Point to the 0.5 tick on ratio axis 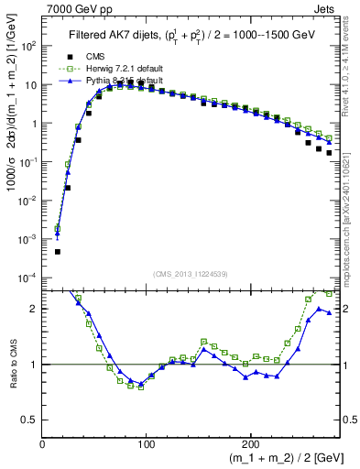(30, 420)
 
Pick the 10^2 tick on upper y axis (27, 45)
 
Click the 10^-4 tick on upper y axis (27, 277)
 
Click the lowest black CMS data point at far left (58, 251)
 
